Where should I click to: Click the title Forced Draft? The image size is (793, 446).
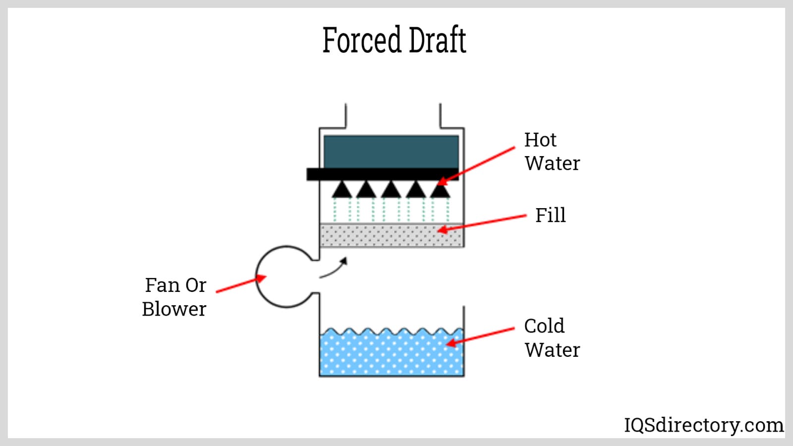[x=394, y=40]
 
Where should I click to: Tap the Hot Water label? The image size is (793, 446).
[x=552, y=152]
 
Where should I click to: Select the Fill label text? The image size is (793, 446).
[x=550, y=216]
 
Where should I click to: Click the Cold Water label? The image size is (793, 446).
[x=552, y=338]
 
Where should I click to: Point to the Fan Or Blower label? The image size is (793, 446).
[x=174, y=297]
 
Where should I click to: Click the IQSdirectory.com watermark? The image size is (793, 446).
[x=703, y=425]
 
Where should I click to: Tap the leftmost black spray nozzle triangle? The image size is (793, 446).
[x=342, y=190]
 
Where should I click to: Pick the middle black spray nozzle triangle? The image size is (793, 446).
[x=391, y=190]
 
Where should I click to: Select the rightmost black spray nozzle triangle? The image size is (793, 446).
[x=440, y=190]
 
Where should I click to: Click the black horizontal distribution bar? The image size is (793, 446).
[x=382, y=174]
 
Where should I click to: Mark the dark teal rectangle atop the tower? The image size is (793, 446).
[x=391, y=152]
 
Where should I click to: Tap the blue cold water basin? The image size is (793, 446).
[x=392, y=353]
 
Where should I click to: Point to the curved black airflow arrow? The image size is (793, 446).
[x=334, y=269]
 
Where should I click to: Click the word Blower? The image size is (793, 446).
[x=174, y=309]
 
